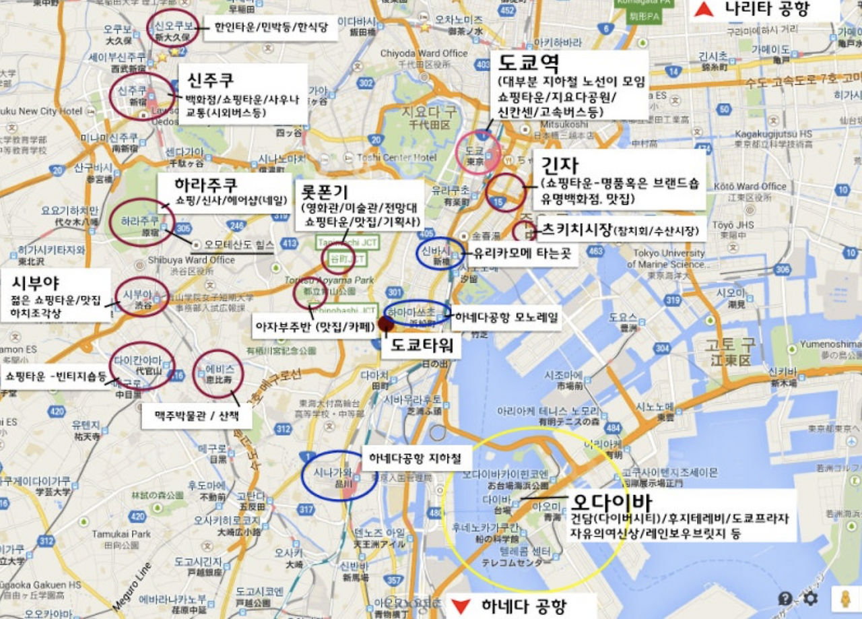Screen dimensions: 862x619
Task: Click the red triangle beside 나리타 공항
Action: click(704, 9)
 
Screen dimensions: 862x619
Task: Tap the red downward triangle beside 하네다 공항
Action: click(460, 606)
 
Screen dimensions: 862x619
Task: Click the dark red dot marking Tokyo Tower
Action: click(386, 324)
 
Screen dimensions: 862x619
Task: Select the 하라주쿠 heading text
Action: click(205, 185)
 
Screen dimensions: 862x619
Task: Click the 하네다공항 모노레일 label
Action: click(506, 317)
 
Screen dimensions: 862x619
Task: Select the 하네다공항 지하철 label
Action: click(415, 459)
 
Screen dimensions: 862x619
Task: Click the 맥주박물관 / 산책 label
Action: click(197, 416)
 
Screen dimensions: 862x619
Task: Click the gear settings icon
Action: click(811, 599)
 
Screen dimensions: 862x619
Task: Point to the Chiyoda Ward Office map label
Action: click(424, 53)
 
